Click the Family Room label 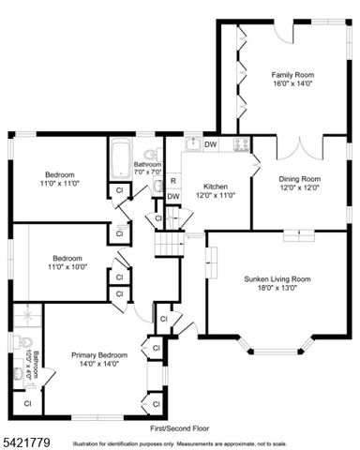[x=292, y=74]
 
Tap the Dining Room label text [x=299, y=178]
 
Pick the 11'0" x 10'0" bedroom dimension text [x=66, y=267]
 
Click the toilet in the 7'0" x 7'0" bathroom [x=149, y=156]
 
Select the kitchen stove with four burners [x=241, y=144]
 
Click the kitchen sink [x=192, y=144]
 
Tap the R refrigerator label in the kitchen [x=172, y=180]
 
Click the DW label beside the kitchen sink [x=211, y=144]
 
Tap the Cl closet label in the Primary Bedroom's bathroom [x=27, y=402]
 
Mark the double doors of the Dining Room [x=300, y=148]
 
